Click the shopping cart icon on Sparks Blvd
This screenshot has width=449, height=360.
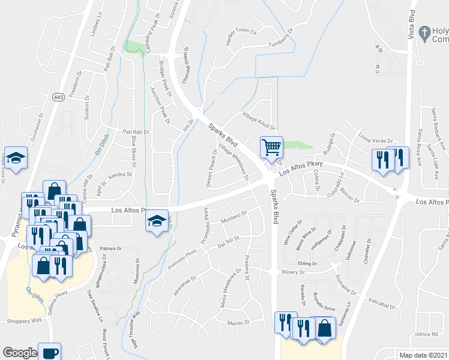pyautogui.click(x=271, y=146)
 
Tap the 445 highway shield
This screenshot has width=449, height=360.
pyautogui.click(x=58, y=97)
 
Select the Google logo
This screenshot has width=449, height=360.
pyautogui.click(x=19, y=353)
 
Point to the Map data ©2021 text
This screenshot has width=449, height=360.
pyautogui.click(x=424, y=355)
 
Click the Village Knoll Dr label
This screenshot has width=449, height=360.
pyautogui.click(x=258, y=120)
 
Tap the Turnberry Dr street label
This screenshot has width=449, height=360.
pyautogui.click(x=280, y=37)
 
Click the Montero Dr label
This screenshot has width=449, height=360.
pyautogui.click(x=235, y=217)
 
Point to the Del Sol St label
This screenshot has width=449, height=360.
pyautogui.click(x=228, y=241)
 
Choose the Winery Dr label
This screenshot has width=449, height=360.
pyautogui.click(x=293, y=272)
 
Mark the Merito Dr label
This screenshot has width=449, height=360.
pyautogui.click(x=238, y=323)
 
